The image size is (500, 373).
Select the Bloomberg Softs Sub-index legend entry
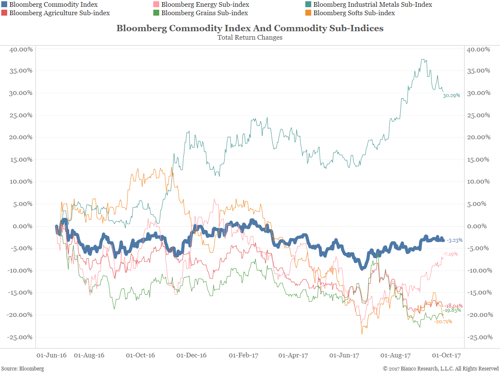pyautogui.click(x=354, y=13)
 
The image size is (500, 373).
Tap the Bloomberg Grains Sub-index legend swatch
pyautogui.click(x=156, y=13)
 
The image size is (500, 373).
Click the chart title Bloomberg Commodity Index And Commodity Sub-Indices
pyautogui.click(x=250, y=28)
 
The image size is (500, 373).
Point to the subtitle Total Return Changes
pyautogui.click(x=250, y=38)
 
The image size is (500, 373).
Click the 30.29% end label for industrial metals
pyautogui.click(x=451, y=96)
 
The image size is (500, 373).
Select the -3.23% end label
pyautogui.click(x=454, y=240)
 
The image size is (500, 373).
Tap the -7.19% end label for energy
pyautogui.click(x=450, y=254)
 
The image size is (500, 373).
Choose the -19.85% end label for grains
pyautogui.click(x=452, y=310)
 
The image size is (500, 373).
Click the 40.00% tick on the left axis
pyautogui.click(x=21, y=49)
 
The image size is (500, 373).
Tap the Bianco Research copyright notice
pyautogui.click(x=440, y=369)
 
